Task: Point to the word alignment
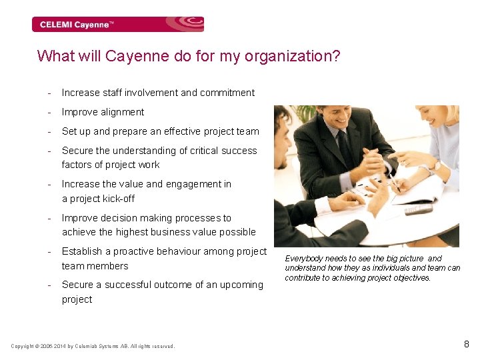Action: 123,112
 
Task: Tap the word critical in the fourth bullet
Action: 186,151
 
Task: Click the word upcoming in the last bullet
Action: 242,285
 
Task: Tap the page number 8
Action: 466,345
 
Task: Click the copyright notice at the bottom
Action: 93,346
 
